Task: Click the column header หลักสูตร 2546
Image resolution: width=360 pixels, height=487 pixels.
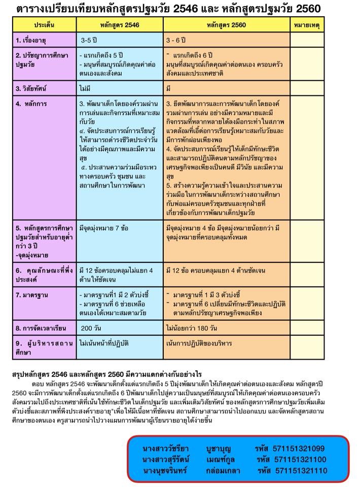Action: pos(120,24)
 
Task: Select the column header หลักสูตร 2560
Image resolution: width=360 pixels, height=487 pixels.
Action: pos(227,24)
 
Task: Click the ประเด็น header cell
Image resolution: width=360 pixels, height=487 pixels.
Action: pos(45,24)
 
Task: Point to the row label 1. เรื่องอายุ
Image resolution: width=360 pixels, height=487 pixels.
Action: pos(35,39)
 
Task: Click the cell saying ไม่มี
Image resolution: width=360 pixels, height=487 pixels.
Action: pos(85,88)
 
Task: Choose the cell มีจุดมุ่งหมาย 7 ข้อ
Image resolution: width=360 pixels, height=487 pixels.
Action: pos(108,228)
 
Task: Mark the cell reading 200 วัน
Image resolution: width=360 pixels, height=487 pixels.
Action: pos(92,327)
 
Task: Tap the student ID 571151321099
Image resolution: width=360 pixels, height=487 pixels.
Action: pos(298,448)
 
